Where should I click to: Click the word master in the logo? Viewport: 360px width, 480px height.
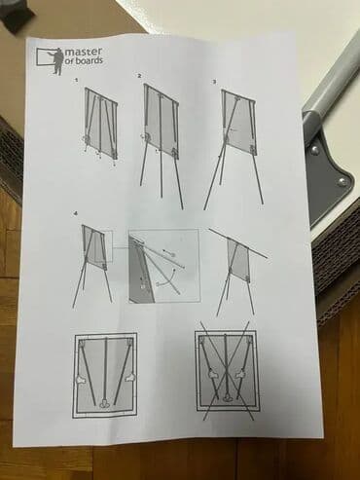[x=84, y=52]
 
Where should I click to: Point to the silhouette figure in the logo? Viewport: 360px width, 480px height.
[x=58, y=60]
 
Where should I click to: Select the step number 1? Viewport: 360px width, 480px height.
[x=76, y=79]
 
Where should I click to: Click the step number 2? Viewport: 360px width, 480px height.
[x=139, y=76]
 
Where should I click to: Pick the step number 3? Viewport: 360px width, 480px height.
[x=214, y=82]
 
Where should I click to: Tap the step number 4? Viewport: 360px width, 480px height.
[x=76, y=213]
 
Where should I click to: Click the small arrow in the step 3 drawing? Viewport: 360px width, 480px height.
[x=234, y=129]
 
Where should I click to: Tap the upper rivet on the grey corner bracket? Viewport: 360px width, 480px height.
[x=314, y=150]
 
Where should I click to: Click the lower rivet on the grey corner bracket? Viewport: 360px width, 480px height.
[x=341, y=182]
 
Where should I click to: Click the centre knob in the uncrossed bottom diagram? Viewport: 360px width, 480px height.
[x=105, y=403]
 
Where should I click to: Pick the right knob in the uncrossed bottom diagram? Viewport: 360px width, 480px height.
[x=130, y=377]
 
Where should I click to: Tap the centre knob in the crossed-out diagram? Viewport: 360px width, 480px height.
[x=228, y=396]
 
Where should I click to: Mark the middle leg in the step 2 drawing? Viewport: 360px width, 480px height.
[x=160, y=146]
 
